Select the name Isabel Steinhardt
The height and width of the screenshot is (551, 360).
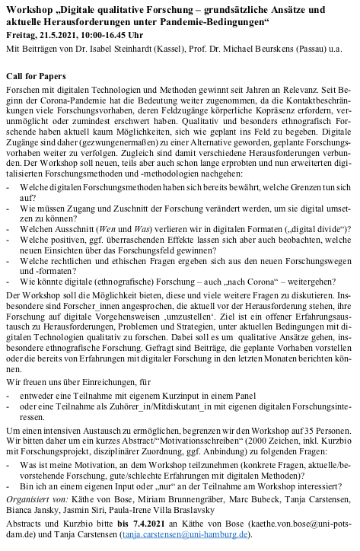coord(129,51)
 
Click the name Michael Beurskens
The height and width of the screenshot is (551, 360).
coord(256,51)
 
